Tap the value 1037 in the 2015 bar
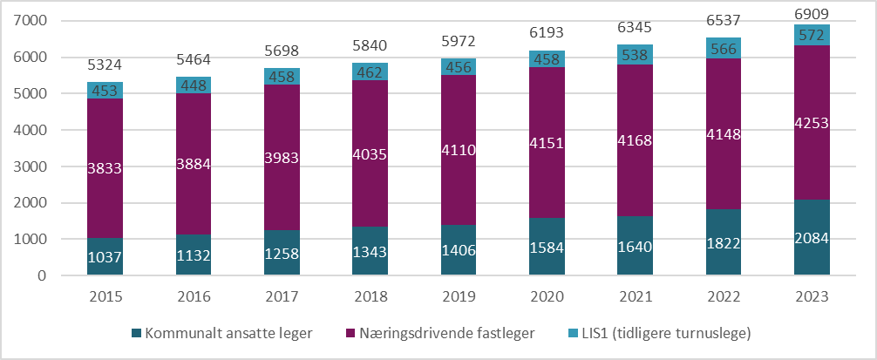pyautogui.click(x=105, y=257)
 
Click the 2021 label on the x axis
pyautogui.click(x=635, y=297)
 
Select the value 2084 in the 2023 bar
pyautogui.click(x=812, y=238)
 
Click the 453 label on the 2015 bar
pyautogui.click(x=105, y=91)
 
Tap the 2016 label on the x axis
pyautogui.click(x=193, y=297)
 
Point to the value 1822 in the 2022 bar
pyautogui.click(x=724, y=242)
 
